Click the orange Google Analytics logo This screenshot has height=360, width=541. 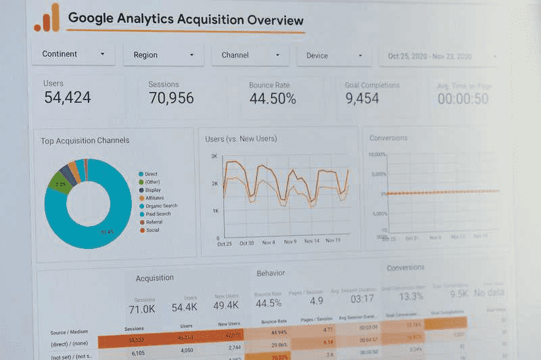pos(47,18)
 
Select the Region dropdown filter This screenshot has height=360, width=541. pos(163,55)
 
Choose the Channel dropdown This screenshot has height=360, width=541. pos(250,55)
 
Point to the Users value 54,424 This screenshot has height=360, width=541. pos(68,97)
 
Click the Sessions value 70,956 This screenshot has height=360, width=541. pos(171,98)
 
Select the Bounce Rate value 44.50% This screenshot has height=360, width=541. pos(273,99)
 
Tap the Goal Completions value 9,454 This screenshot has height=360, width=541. pos(362,99)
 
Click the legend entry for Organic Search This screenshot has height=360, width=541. pos(160,206)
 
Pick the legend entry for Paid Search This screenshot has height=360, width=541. pos(158,214)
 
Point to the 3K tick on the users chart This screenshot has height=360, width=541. pos(214,156)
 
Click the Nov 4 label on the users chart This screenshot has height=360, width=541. pos(268,242)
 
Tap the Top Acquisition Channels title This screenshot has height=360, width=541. pos(85,141)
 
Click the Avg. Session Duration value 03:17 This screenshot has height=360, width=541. pos(362,299)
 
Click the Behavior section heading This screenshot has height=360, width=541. pos(270,273)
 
